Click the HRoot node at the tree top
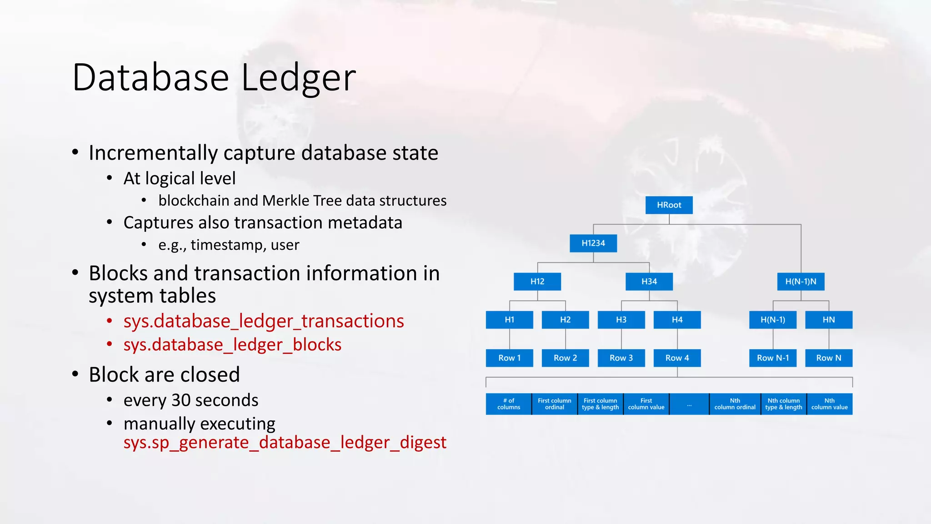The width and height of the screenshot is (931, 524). pyautogui.click(x=669, y=205)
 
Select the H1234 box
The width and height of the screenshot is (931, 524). pyautogui.click(x=593, y=243)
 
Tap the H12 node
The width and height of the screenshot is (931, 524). pyautogui.click(x=537, y=282)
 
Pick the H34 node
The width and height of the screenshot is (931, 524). pyautogui.click(x=649, y=282)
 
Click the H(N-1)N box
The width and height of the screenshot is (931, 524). pyautogui.click(x=801, y=282)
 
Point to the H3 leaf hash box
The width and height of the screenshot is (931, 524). pyautogui.click(x=621, y=320)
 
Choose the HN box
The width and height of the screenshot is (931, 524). pyautogui.click(x=829, y=320)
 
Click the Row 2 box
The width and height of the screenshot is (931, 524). pyautogui.click(x=565, y=358)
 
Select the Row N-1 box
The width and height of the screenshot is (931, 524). pyautogui.click(x=773, y=358)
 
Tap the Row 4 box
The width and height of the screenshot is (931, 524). pyautogui.click(x=677, y=358)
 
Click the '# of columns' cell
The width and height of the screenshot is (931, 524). pyautogui.click(x=509, y=404)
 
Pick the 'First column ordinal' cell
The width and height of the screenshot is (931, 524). pyautogui.click(x=555, y=404)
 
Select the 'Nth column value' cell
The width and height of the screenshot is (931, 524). pyautogui.click(x=830, y=404)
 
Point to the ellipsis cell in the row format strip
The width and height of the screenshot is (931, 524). pyautogui.click(x=689, y=404)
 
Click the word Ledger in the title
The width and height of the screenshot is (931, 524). pyautogui.click(x=298, y=78)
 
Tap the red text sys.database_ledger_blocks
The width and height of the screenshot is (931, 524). pyautogui.click(x=232, y=345)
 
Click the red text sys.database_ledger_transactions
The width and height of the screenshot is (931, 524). pyautogui.click(x=264, y=321)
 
